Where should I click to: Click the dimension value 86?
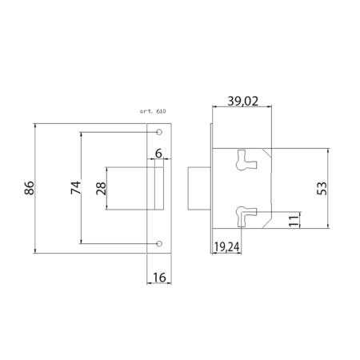click(x=30, y=188)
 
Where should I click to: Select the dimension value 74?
click(x=76, y=188)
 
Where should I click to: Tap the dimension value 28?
click(x=101, y=189)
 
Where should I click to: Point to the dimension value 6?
click(x=158, y=154)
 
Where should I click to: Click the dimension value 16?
click(x=159, y=278)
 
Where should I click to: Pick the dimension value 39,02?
click(x=243, y=102)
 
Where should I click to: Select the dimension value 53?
click(x=322, y=188)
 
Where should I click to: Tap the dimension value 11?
click(x=294, y=221)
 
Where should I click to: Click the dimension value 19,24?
click(x=227, y=247)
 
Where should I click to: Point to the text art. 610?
click(x=153, y=111)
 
